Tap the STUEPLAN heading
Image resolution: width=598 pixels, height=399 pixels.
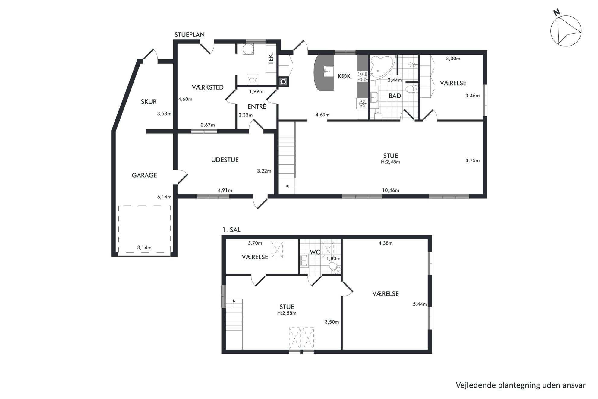coord(190,35)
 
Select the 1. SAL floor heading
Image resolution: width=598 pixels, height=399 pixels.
coord(231,230)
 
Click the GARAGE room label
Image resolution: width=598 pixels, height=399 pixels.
coord(144,175)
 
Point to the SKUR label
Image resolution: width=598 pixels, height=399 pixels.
coord(149,102)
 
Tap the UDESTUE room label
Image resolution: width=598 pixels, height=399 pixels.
coord(225,160)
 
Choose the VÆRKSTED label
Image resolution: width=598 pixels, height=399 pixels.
coord(208,87)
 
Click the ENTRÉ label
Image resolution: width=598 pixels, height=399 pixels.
coord(257,106)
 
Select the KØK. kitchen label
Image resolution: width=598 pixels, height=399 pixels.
coord(345,77)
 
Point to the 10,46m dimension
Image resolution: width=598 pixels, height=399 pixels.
coord(391,190)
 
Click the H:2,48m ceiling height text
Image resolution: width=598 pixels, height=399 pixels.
coord(391,162)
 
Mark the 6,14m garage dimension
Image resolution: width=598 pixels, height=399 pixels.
coord(164,197)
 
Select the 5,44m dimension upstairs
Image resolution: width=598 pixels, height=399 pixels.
coord(420,304)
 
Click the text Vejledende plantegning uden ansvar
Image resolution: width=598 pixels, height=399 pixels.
coord(521,385)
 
